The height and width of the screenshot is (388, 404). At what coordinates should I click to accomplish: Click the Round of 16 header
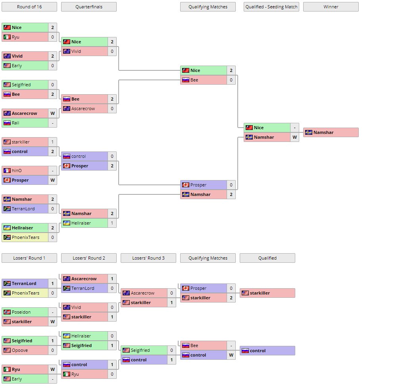click(29, 7)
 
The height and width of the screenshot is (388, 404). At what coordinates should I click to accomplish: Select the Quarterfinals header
click(89, 7)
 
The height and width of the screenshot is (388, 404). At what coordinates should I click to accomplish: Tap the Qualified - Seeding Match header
click(271, 7)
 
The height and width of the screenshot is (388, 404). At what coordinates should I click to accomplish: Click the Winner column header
click(331, 7)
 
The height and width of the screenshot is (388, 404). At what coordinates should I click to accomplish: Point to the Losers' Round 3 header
click(148, 258)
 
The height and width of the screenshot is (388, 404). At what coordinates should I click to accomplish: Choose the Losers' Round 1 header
click(29, 258)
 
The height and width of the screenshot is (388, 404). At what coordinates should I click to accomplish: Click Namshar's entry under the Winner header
click(331, 132)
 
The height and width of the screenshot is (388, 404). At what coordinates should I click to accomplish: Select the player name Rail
click(15, 123)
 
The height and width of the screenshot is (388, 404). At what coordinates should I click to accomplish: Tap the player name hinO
click(16, 171)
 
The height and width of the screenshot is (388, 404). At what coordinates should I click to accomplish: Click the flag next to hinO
click(7, 171)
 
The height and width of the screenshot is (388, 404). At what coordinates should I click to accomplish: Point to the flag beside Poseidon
click(7, 312)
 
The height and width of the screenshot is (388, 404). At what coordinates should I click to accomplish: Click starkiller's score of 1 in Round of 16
click(52, 142)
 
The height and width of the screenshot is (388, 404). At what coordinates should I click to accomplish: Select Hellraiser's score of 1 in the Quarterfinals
click(112, 223)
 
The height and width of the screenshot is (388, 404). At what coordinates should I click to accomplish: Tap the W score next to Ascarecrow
click(52, 113)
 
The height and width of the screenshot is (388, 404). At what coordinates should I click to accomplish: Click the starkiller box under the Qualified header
click(267, 293)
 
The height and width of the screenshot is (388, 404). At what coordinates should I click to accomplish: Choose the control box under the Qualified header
click(267, 351)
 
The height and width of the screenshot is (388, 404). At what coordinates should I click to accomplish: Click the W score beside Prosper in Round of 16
click(52, 180)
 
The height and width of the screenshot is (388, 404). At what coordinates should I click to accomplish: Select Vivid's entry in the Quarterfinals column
click(85, 51)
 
